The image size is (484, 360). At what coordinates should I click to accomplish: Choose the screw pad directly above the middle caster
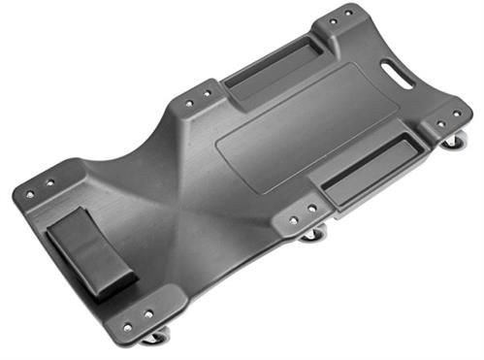302,213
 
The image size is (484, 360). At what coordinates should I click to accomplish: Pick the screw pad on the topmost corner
341,16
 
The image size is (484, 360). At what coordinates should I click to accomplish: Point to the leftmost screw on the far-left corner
30,194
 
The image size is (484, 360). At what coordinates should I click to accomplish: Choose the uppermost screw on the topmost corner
346,12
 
